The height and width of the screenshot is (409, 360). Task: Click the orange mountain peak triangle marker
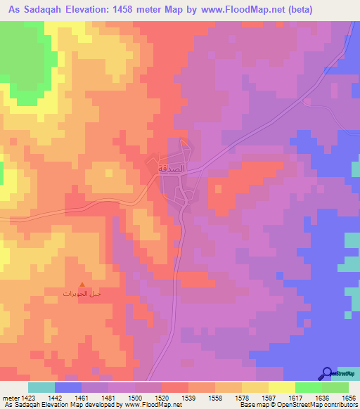(x=82, y=284)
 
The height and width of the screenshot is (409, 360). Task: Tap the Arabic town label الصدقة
(x=172, y=169)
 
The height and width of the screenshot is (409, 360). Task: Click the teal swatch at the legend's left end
(x=41, y=387)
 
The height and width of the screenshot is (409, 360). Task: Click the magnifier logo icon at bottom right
(x=328, y=373)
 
